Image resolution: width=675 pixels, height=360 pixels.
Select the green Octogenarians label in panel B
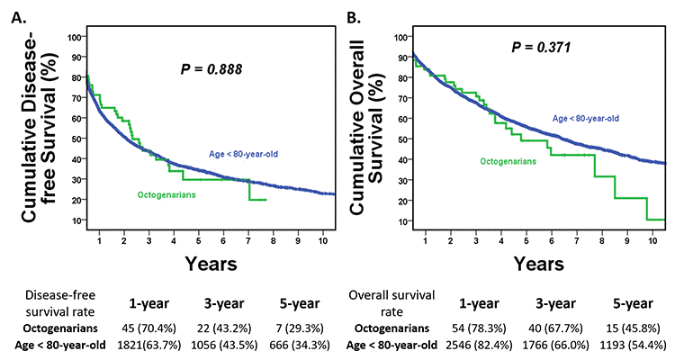point(508,161)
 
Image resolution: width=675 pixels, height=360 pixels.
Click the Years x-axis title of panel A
point(211,264)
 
